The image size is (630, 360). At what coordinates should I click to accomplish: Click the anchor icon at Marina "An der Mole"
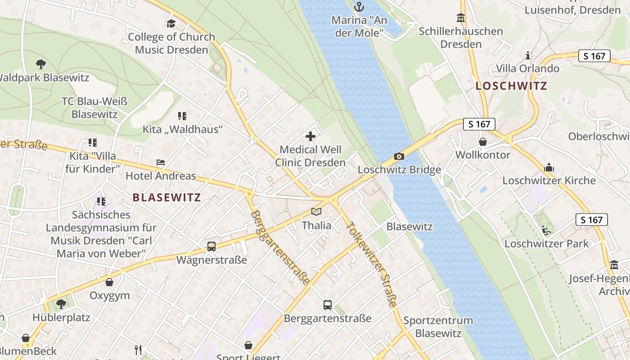pyautogui.click(x=359, y=7)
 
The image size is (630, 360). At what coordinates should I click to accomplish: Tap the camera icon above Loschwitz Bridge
pyautogui.click(x=399, y=157)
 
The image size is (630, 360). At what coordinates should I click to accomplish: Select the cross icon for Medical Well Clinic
pyautogui.click(x=310, y=136)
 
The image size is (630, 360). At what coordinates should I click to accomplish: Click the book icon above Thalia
pyautogui.click(x=316, y=211)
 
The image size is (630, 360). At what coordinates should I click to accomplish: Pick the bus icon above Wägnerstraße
pyautogui.click(x=211, y=247)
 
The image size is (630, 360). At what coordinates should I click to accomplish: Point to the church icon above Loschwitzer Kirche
pyautogui.click(x=549, y=167)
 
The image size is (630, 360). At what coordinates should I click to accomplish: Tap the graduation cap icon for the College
pyautogui.click(x=171, y=23)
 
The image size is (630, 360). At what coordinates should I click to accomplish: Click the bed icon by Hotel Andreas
pyautogui.click(x=161, y=162)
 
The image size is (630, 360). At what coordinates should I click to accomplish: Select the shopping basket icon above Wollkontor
pyautogui.click(x=483, y=142)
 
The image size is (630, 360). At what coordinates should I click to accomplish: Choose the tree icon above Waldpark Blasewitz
pyautogui.click(x=41, y=64)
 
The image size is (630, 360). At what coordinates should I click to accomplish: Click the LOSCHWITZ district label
pyautogui.click(x=512, y=86)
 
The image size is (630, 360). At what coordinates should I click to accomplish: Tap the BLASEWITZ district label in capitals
pyautogui.click(x=167, y=197)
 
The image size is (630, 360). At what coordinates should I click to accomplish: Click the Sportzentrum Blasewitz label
pyautogui.click(x=438, y=327)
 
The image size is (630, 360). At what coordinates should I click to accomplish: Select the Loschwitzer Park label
pyautogui.click(x=546, y=243)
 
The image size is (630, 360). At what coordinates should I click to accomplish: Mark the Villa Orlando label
pyautogui.click(x=527, y=68)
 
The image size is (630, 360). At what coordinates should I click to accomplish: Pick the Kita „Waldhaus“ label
pyautogui.click(x=183, y=130)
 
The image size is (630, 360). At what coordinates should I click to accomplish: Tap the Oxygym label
pyautogui.click(x=110, y=296)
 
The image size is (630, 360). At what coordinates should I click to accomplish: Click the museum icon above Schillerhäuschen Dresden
pyautogui.click(x=461, y=18)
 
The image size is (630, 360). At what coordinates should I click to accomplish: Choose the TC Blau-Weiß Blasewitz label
pyautogui.click(x=94, y=108)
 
